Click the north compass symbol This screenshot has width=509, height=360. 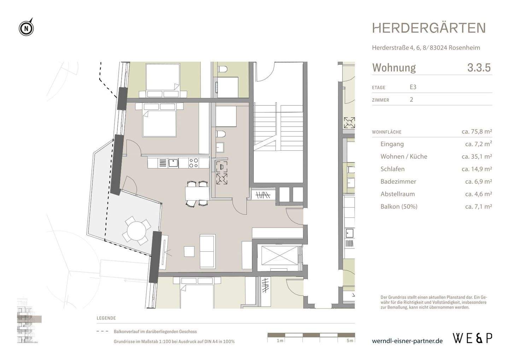click(26, 28)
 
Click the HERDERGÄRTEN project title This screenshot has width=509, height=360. click(429, 28)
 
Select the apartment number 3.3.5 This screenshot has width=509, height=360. click(479, 68)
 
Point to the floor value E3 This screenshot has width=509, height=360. click(413, 87)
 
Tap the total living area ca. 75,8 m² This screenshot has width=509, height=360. click(476, 132)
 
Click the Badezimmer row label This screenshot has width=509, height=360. click(398, 181)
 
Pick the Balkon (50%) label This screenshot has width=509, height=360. click(399, 207)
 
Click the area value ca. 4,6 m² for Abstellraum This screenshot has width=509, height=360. click(478, 194)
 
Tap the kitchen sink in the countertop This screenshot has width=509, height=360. click(173, 163)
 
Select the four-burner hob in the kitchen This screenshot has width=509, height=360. click(193, 163)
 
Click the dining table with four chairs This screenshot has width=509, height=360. click(197, 193)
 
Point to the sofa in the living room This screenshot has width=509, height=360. click(207, 251)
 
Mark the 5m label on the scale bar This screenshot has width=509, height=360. click(350, 341)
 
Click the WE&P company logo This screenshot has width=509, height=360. click(472, 338)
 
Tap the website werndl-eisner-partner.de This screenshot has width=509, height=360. click(407, 341)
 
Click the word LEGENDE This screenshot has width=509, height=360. click(106, 318)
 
